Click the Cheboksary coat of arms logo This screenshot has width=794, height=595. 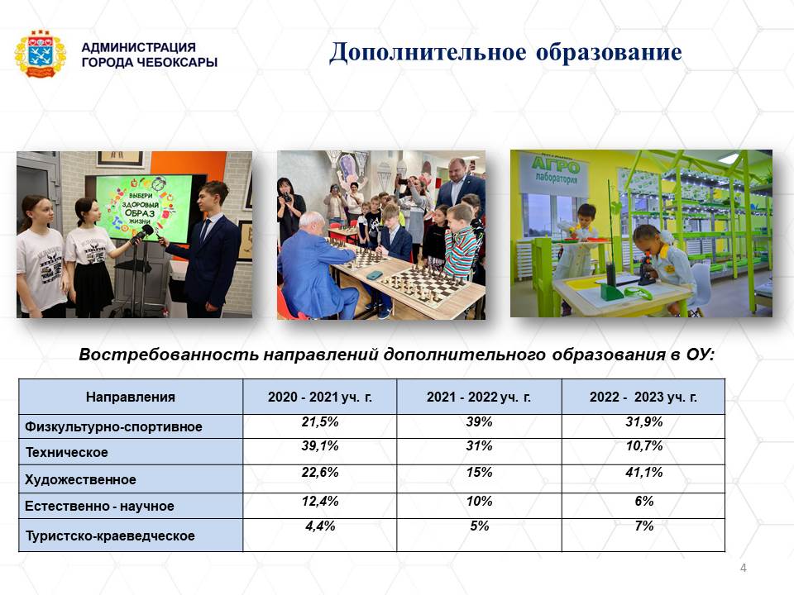point(41,55)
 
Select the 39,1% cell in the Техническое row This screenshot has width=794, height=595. point(320,445)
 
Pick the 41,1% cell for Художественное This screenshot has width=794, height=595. point(643,472)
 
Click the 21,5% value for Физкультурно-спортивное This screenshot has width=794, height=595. point(320,421)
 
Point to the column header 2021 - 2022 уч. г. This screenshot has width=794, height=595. point(479,397)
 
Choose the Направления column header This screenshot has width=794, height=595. point(131,397)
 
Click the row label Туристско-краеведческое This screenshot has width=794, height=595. point(110,535)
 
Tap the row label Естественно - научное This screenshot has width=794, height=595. point(99,506)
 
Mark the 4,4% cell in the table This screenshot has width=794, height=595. point(320,526)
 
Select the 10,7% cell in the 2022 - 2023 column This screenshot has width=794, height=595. point(643,445)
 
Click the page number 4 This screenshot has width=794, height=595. point(743,568)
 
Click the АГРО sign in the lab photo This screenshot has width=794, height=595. point(556,165)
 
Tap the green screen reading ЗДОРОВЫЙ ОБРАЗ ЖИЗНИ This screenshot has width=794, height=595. point(139,207)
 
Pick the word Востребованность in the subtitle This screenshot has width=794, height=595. point(169,355)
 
